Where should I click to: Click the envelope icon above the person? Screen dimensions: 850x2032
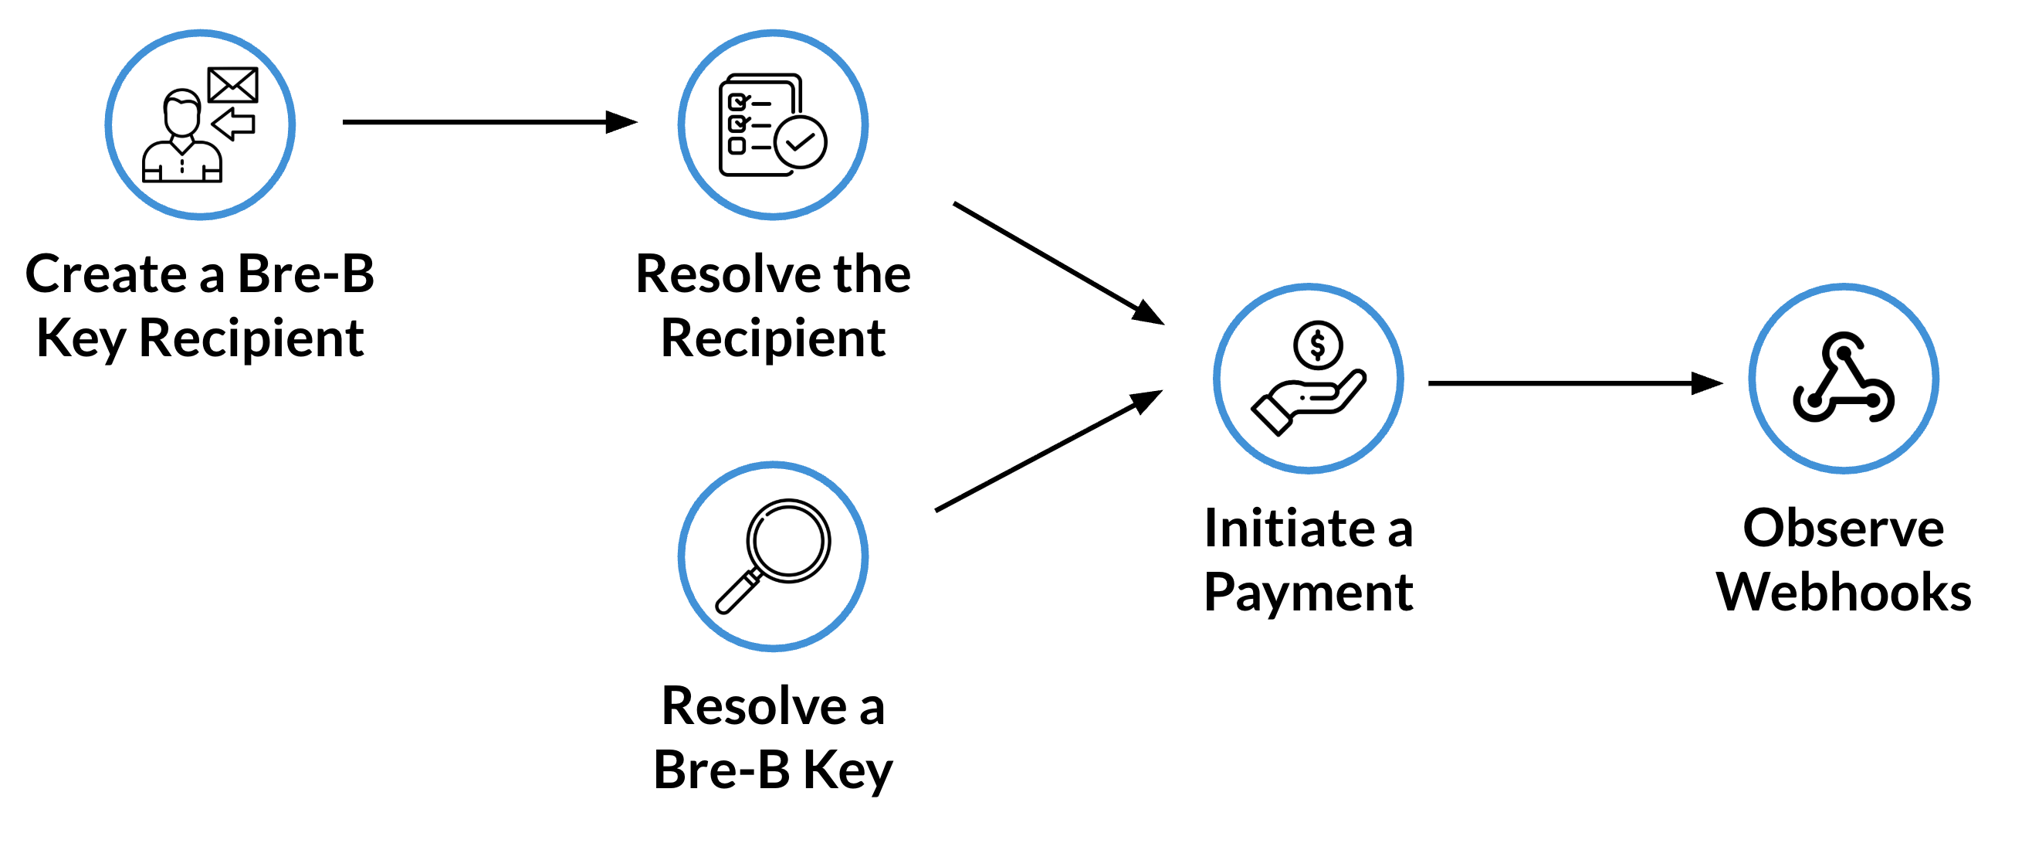(x=232, y=85)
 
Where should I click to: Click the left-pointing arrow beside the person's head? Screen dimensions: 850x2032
(x=233, y=124)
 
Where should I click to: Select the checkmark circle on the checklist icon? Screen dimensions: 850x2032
(x=801, y=142)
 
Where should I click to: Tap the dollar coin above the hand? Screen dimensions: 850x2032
(x=1317, y=345)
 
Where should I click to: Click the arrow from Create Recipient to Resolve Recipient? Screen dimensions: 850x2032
(x=489, y=122)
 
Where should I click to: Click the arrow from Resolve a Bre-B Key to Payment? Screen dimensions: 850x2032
(x=1049, y=450)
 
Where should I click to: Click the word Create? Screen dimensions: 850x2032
(x=106, y=274)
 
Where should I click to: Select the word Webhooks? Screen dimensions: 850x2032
(x=1844, y=592)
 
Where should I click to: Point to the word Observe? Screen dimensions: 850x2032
(x=1844, y=528)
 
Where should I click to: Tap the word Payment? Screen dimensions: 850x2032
(x=1309, y=593)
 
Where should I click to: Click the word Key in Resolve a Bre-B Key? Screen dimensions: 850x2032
(x=847, y=771)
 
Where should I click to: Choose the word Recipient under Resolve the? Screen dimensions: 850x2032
(x=773, y=339)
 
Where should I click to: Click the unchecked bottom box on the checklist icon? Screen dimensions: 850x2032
(x=737, y=146)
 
